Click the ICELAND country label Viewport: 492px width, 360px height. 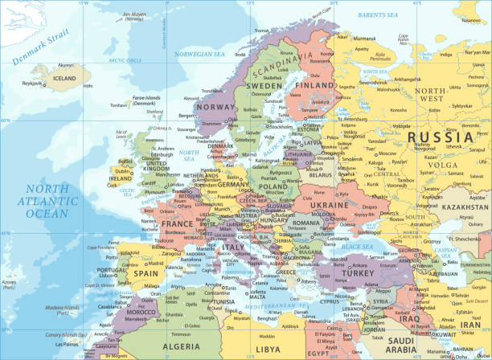64,79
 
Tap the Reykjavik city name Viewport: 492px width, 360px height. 31,84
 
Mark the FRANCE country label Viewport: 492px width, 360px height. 178,224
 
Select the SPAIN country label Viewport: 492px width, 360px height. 145,272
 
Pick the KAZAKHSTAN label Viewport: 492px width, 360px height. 463,207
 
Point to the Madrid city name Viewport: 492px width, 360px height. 154,263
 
